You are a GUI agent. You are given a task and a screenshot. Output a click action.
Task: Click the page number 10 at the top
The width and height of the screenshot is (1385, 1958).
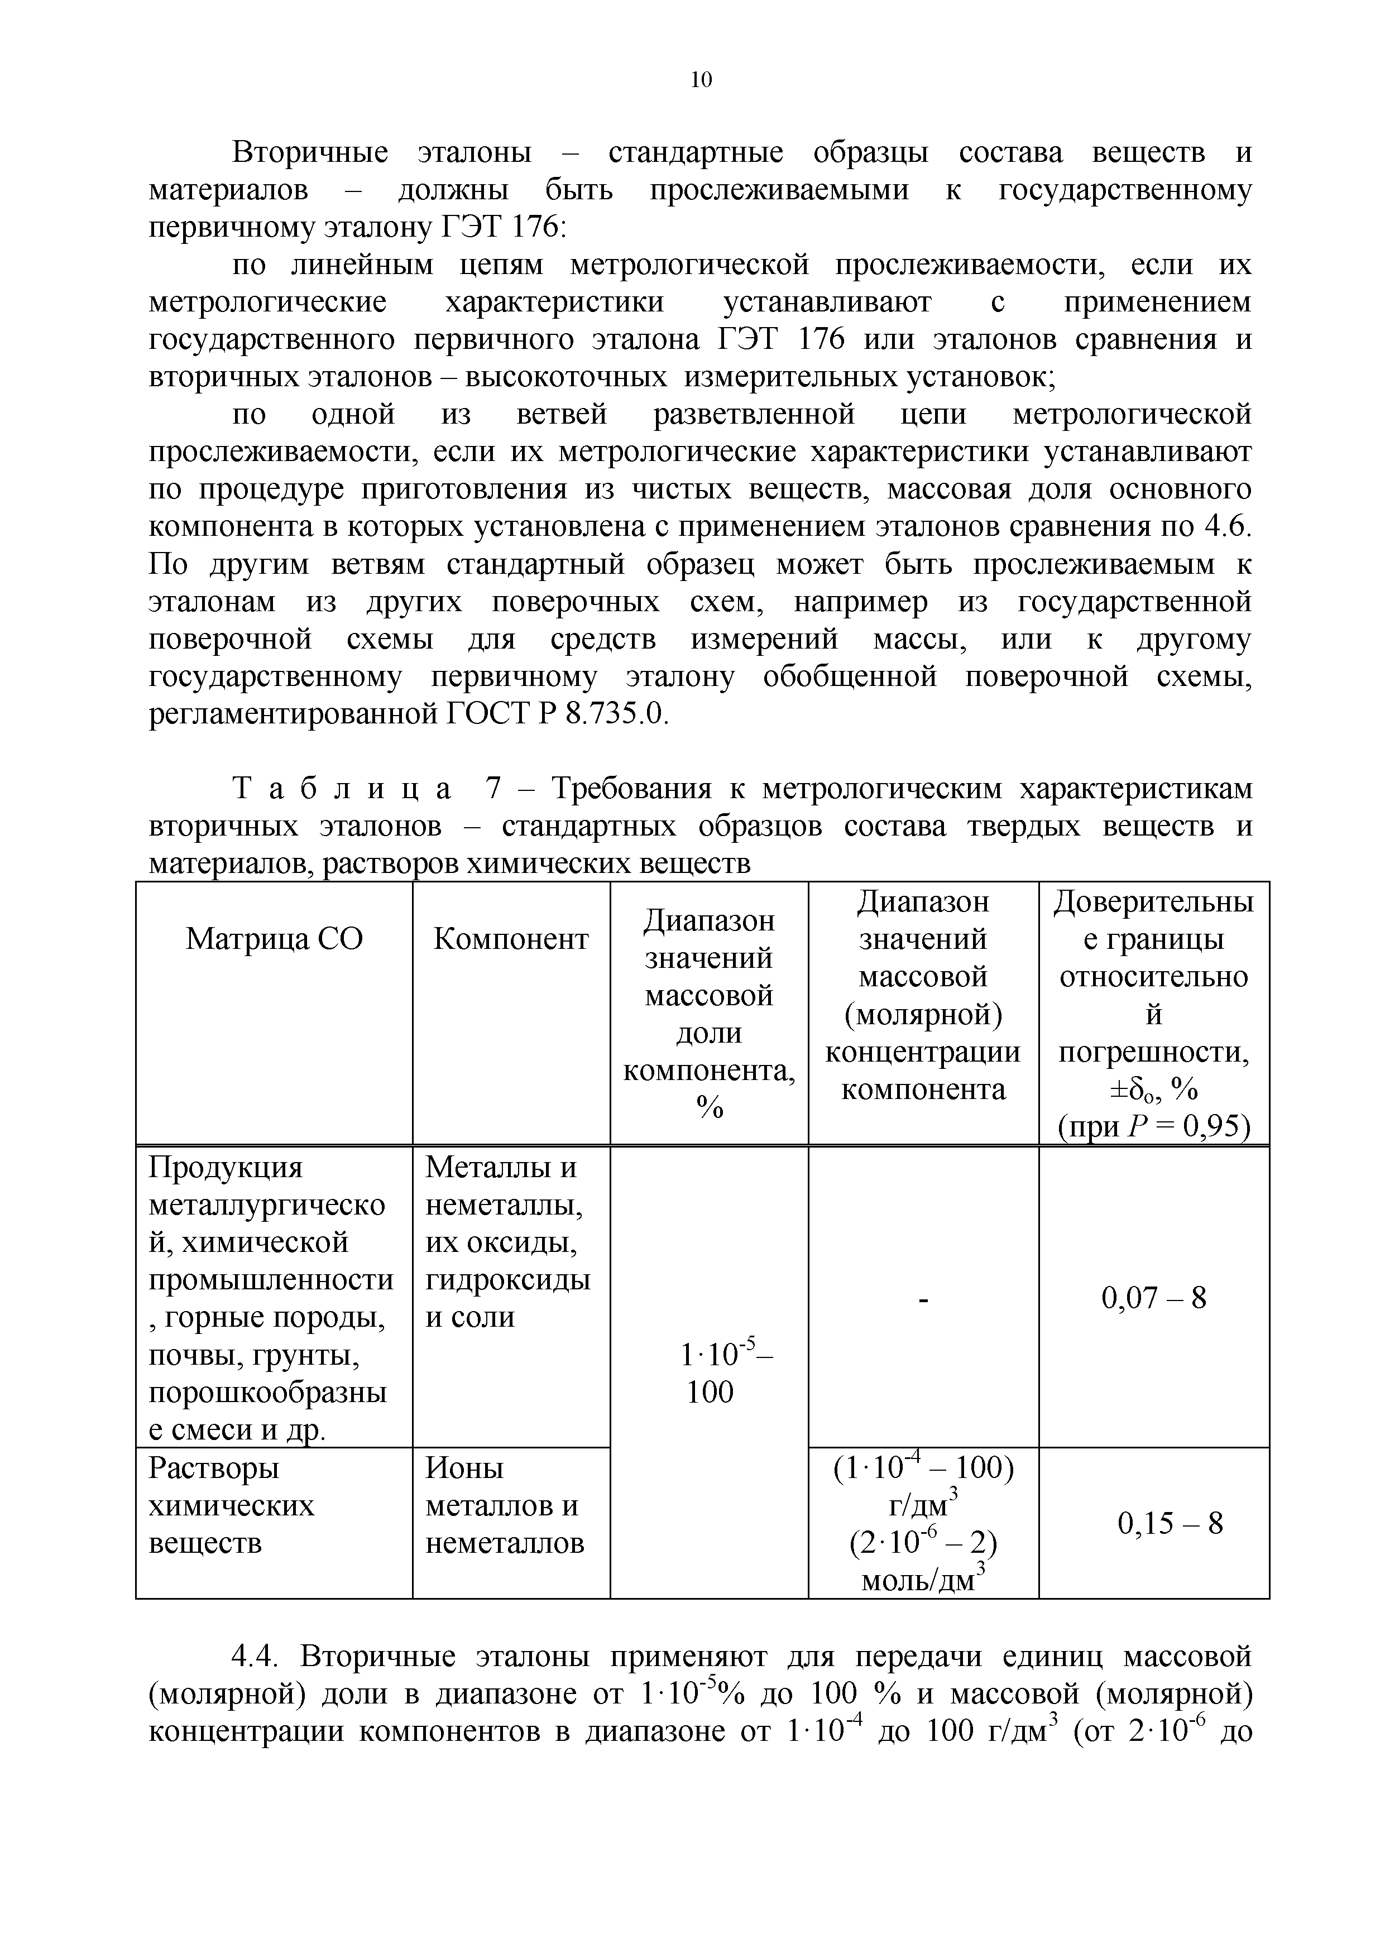tap(700, 80)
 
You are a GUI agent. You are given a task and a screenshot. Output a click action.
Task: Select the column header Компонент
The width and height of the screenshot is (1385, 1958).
tap(510, 939)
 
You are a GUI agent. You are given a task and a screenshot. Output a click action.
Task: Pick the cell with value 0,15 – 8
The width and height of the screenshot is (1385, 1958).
tap(1170, 1522)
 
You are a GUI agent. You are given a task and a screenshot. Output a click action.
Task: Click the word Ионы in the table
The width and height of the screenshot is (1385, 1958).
tap(464, 1467)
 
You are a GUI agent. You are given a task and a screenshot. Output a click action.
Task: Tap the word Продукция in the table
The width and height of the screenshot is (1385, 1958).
tap(225, 1168)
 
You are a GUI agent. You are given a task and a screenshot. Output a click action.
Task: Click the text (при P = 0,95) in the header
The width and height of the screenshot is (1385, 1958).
tap(1153, 1127)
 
